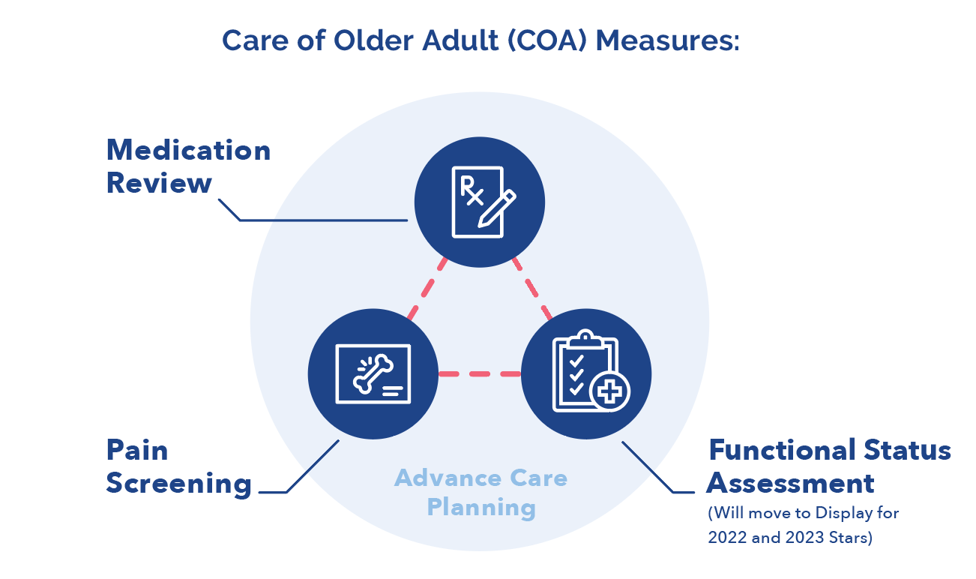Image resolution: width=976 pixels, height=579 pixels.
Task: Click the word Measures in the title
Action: [x=667, y=40]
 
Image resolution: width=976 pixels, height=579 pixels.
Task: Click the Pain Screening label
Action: [x=178, y=467]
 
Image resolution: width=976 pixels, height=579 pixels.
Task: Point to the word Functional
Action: [x=780, y=451]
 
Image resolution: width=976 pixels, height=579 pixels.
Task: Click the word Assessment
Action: [x=790, y=483]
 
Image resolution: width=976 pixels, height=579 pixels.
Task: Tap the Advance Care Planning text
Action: [x=481, y=492]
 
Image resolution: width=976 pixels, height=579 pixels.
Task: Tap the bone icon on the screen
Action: [x=372, y=373]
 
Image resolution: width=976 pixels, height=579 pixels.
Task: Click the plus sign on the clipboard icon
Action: [x=609, y=391]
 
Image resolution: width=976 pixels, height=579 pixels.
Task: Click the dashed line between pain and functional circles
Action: [x=480, y=373]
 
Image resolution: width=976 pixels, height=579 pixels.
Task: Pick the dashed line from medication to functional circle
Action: [x=531, y=288]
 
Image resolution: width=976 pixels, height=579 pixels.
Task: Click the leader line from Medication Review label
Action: [x=322, y=220]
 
